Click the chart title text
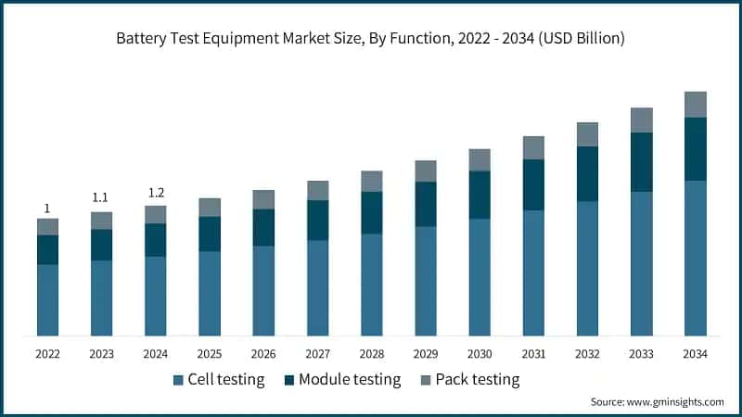[371, 39]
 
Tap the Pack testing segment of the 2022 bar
[47, 227]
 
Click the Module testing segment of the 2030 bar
[480, 195]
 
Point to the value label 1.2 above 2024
[156, 193]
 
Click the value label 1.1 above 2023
[101, 197]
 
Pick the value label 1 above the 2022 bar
[47, 208]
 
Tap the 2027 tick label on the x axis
[317, 353]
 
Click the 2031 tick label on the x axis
[533, 353]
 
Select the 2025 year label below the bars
[210, 353]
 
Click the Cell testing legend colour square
[178, 380]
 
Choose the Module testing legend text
[350, 379]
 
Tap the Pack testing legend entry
[469, 379]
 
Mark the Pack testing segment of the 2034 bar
[695, 105]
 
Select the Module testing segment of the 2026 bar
[263, 227]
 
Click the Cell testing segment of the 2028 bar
[371, 284]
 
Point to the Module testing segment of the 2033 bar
[641, 162]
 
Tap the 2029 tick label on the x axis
[426, 353]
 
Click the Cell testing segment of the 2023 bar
[101, 297]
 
